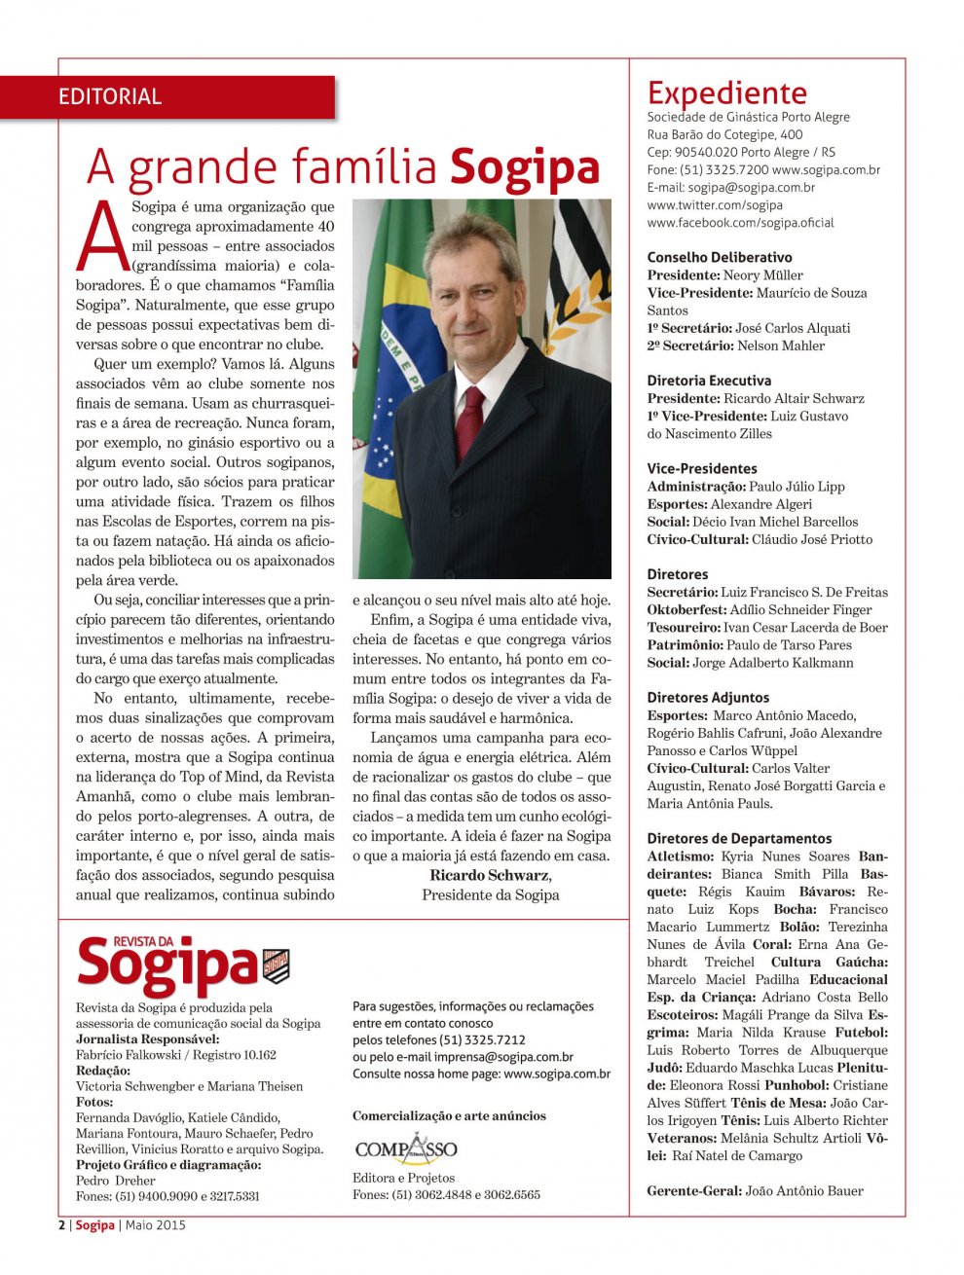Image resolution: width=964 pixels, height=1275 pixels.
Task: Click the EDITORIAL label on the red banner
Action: pos(110,96)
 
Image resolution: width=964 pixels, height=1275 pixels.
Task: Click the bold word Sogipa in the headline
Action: pos(524,168)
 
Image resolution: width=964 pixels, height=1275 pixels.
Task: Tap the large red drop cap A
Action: pos(102,237)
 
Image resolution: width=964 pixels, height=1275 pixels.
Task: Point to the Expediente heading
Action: pos(726,93)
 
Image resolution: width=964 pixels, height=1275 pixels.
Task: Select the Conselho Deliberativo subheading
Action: pos(719,258)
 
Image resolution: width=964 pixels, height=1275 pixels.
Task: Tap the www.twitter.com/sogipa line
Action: pos(714,205)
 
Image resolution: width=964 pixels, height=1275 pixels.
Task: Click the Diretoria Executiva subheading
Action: pos(708,381)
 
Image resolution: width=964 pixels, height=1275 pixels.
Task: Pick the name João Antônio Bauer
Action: pos(803,1191)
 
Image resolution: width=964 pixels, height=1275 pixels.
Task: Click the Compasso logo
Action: pos(405,1149)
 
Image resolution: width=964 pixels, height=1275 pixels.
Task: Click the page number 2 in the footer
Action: pos(62,1225)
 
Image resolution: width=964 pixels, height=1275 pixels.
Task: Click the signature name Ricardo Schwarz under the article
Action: pos(489,875)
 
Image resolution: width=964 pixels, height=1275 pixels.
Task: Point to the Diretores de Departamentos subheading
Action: pos(739,839)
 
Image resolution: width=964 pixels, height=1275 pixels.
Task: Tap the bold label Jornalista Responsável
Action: pos(147,1039)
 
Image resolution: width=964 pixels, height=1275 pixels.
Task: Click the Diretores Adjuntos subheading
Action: pos(708,698)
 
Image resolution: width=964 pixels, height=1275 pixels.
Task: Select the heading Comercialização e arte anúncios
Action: pos(449,1116)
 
